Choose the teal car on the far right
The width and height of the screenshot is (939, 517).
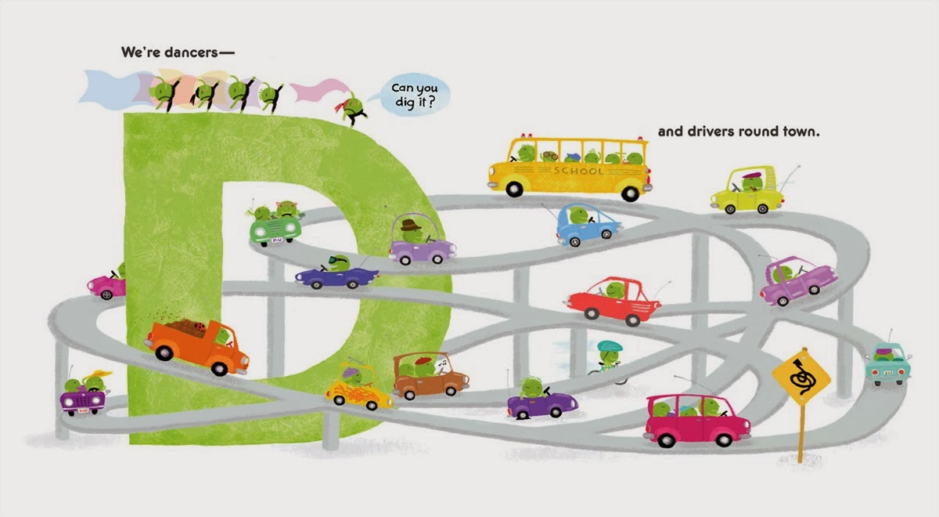click(x=888, y=365)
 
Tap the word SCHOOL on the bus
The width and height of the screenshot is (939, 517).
click(x=578, y=170)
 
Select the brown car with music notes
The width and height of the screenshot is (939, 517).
click(x=430, y=375)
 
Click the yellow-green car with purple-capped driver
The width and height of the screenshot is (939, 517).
click(x=747, y=193)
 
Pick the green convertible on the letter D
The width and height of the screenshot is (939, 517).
click(x=275, y=224)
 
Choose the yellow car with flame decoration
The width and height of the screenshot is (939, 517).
click(x=359, y=388)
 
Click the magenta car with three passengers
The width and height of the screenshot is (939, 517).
click(x=696, y=421)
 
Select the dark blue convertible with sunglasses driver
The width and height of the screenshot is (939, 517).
click(x=336, y=272)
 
